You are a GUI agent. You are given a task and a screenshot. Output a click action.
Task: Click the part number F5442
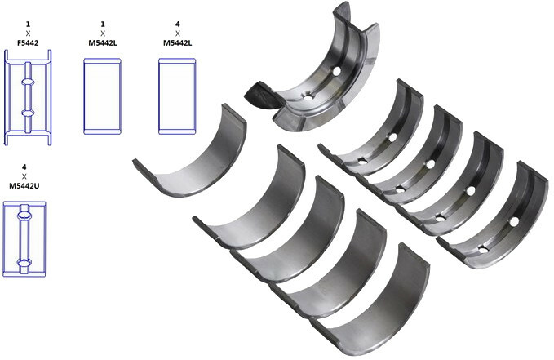pos(28,42)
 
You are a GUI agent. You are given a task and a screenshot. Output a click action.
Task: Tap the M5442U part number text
pos(24,185)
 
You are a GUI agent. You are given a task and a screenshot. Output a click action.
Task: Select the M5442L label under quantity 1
pos(103,42)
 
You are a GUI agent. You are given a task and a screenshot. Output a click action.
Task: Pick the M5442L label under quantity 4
pos(177,42)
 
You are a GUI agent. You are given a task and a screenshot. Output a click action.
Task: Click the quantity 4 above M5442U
pos(24,167)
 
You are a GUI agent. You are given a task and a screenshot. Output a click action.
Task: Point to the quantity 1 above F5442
pos(28,24)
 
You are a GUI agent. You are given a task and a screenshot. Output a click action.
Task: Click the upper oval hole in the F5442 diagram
pos(28,82)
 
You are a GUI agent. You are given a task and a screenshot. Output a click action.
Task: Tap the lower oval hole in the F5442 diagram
pos(28,113)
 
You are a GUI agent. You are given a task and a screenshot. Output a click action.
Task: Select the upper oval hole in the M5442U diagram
pos(24,215)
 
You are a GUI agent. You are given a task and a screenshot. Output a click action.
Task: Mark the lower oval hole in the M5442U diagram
pos(24,263)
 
